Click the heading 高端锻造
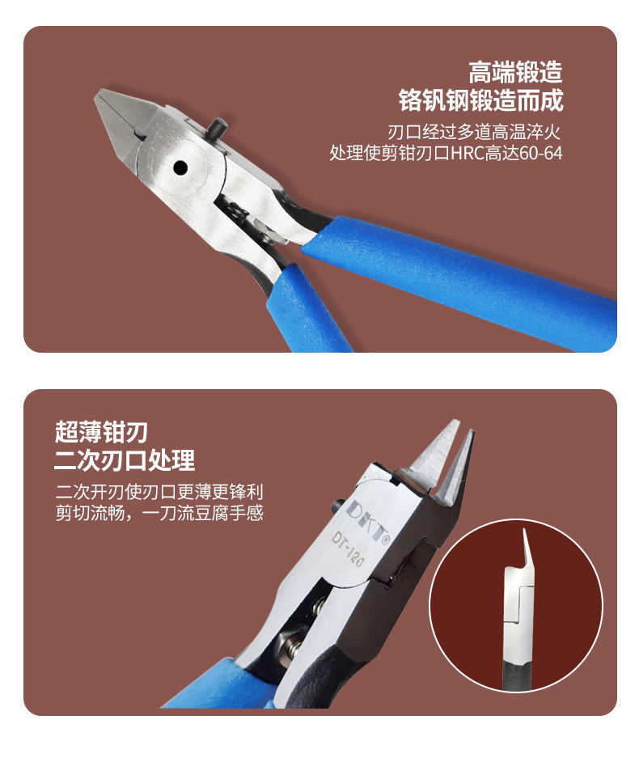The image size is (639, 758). pyautogui.click(x=515, y=73)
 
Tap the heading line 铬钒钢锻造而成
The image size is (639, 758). pyautogui.click(x=480, y=101)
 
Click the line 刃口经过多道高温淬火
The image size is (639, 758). pyautogui.click(x=475, y=130)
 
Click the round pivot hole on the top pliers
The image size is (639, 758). pyautogui.click(x=180, y=167)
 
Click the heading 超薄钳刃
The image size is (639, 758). pyautogui.click(x=101, y=432)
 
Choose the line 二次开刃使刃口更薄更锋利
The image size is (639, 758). pyautogui.click(x=159, y=492)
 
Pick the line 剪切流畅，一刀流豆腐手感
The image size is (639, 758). pyautogui.click(x=159, y=513)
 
